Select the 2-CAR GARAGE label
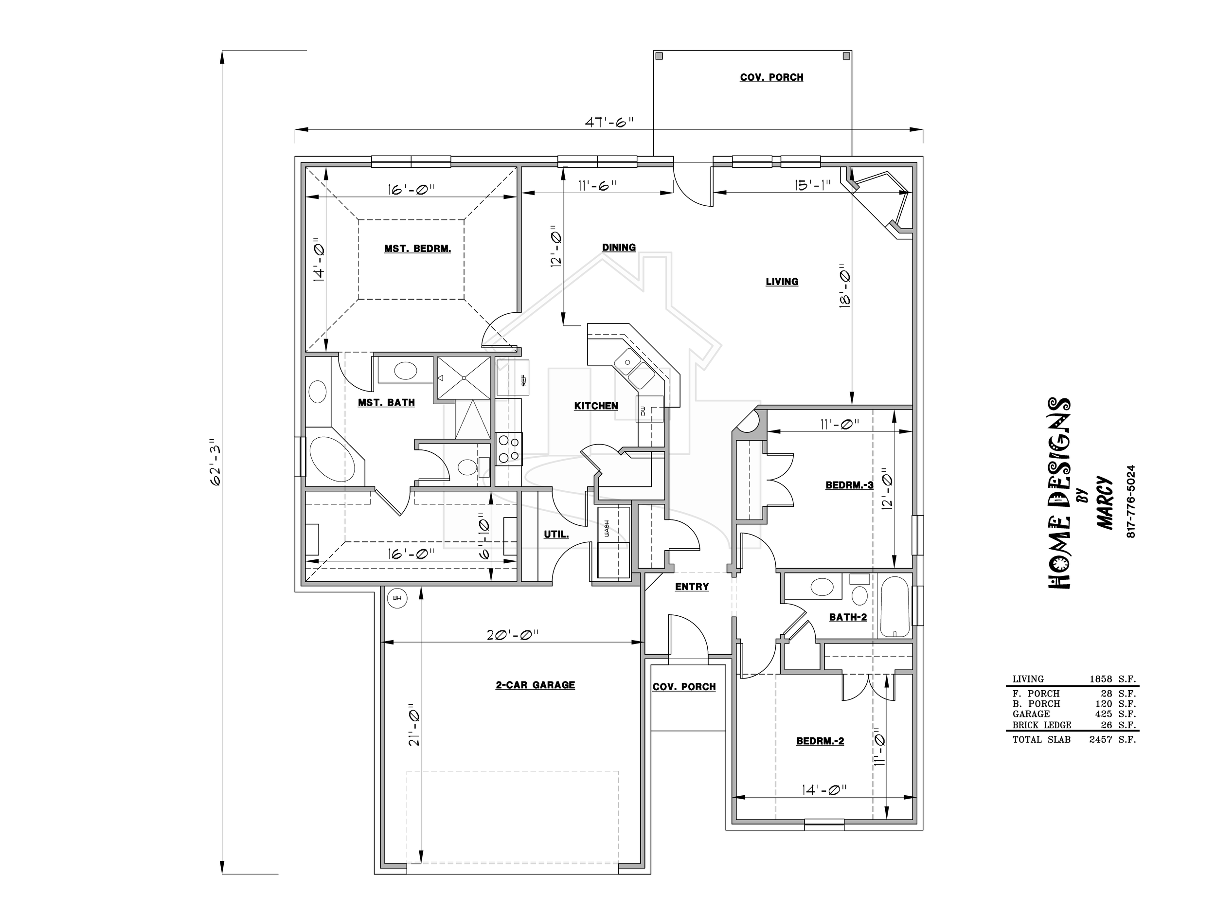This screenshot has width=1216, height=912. click(535, 685)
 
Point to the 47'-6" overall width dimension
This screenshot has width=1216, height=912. click(609, 122)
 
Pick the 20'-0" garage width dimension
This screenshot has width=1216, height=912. click(512, 634)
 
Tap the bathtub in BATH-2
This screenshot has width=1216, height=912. click(895, 607)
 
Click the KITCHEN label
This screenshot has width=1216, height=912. click(596, 406)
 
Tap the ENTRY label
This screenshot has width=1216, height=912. click(692, 587)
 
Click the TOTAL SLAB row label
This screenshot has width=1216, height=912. click(1041, 740)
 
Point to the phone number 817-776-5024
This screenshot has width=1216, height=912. click(1130, 501)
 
